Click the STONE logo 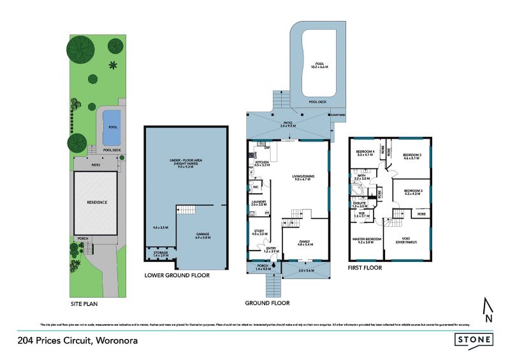coord(477,340)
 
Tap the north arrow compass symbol coord(488,310)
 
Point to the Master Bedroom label coord(367,240)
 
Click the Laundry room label coord(258,203)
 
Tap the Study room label coord(259,232)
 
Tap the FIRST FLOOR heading coord(365,268)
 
